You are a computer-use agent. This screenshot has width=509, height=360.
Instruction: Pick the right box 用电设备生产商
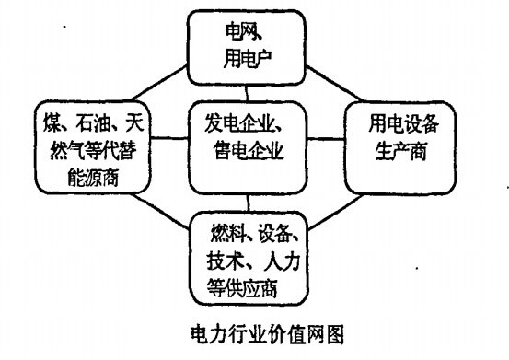tap(397, 135)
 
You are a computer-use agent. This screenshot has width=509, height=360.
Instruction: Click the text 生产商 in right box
tap(397, 150)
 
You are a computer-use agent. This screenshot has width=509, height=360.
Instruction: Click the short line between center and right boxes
tap(325, 139)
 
